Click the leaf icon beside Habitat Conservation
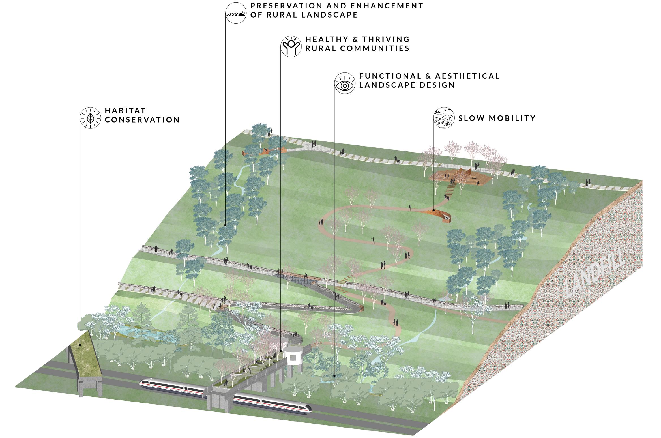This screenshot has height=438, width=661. click(90, 118)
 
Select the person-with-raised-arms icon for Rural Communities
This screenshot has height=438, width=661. click(291, 47)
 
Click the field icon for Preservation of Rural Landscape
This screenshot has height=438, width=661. click(236, 13)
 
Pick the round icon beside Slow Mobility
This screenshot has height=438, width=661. click(444, 118)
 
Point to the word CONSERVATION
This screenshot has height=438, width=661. click(142, 120)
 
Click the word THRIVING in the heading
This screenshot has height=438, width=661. click(386, 39)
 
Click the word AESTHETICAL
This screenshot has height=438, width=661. click(467, 76)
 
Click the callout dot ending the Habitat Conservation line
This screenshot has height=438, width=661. click(80, 345)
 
